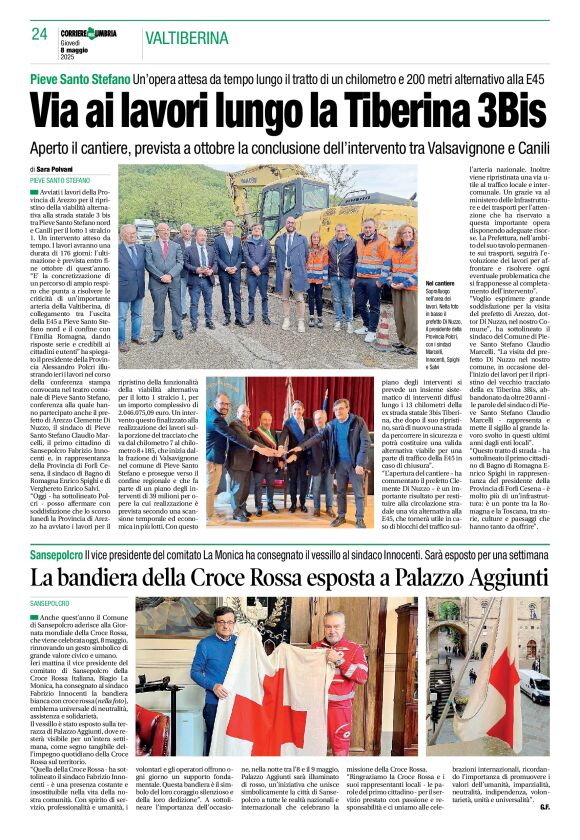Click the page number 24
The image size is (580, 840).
pyautogui.click(x=39, y=34)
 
